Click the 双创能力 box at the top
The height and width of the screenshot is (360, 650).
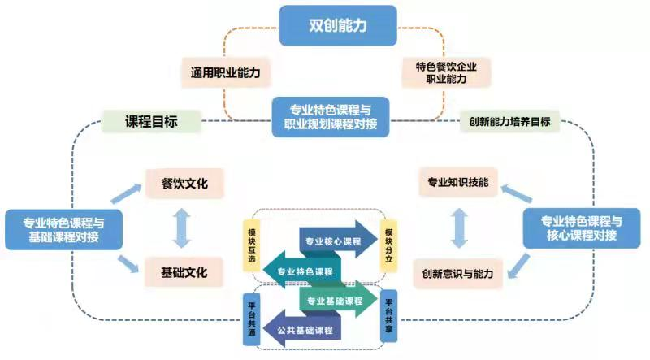click(x=338, y=25)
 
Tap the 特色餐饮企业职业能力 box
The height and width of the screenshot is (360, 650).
click(x=447, y=73)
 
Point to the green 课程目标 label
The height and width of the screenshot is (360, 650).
click(x=151, y=122)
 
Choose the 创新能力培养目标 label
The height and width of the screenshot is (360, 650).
click(x=509, y=123)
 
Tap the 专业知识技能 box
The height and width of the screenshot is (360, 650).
click(x=458, y=183)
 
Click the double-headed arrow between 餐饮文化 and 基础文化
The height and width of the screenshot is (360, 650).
click(x=182, y=228)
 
